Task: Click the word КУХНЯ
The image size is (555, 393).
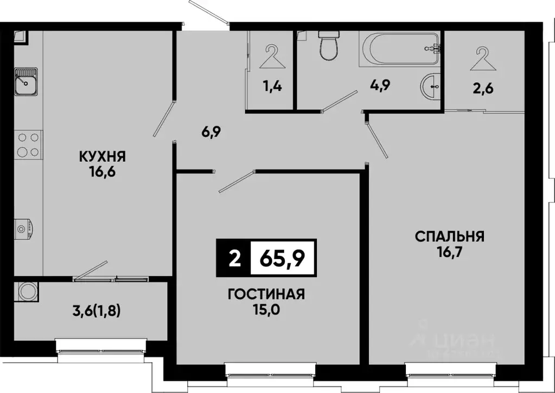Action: point(103,157)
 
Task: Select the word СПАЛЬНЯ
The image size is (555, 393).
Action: point(450,236)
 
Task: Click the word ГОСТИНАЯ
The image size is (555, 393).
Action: point(266,294)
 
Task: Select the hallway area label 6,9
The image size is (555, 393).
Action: point(199,132)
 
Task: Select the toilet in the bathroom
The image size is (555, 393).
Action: point(328,46)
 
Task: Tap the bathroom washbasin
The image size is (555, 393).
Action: point(431,86)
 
